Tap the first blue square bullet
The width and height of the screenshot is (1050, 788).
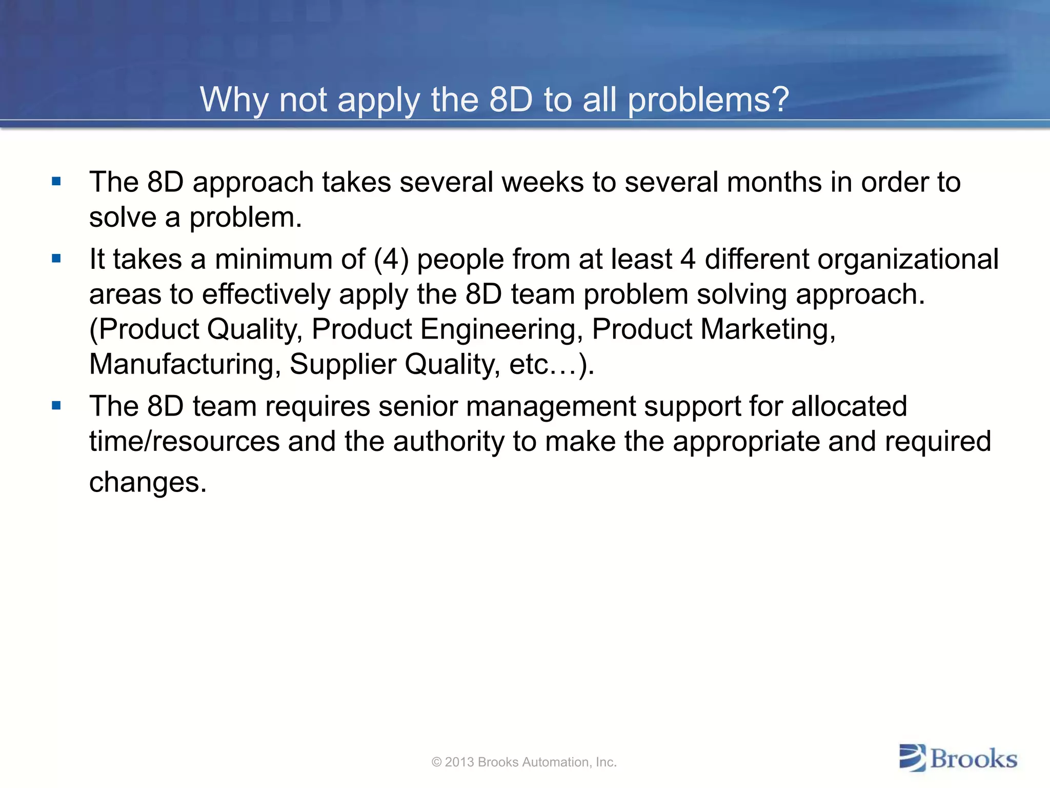pos(56,181)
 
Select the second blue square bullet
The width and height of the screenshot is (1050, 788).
pos(56,258)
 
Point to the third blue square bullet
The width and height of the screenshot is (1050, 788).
pos(56,406)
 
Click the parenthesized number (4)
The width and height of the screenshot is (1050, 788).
pos(391,259)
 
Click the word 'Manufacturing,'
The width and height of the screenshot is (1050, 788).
pos(185,364)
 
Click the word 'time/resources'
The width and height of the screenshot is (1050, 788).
pos(184,441)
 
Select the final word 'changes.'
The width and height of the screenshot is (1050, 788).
pos(148,482)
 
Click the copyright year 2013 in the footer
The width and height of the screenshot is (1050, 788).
pos(459,762)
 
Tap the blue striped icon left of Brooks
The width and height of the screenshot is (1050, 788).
pos(913,758)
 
